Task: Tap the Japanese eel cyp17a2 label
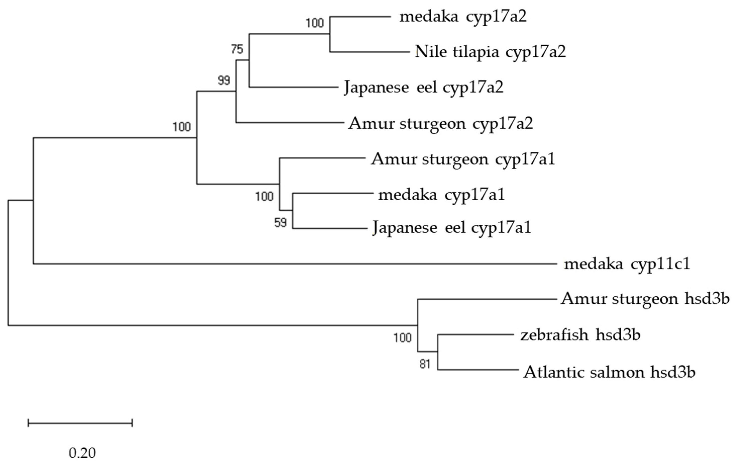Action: (424, 87)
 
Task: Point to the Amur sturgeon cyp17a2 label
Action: (440, 124)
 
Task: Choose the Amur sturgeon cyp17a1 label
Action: (463, 159)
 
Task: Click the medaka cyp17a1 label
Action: (441, 195)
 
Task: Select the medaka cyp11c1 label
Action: (627, 264)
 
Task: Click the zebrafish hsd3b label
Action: (580, 335)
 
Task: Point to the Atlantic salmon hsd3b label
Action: (609, 372)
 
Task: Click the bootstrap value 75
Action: (237, 49)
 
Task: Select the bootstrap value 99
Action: (224, 81)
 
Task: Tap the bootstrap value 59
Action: (280, 223)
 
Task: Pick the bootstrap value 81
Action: (425, 364)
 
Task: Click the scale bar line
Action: (80, 423)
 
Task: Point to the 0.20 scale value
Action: (82, 453)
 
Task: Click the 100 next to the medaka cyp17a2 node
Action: (314, 23)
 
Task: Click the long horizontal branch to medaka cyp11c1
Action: (293, 264)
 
